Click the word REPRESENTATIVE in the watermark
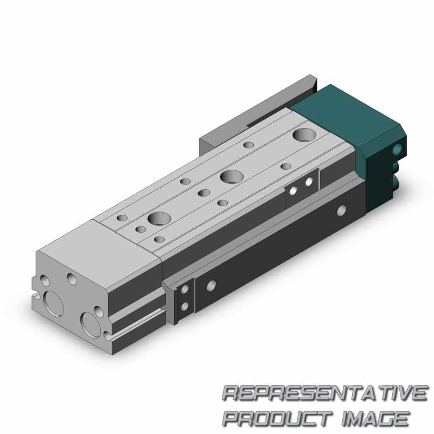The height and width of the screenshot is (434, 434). pyautogui.click(x=324, y=393)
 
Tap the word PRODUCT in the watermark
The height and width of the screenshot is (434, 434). pyautogui.click(x=276, y=418)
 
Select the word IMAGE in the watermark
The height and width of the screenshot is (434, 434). pyautogui.click(x=374, y=418)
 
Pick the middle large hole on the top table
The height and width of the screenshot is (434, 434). pyautogui.click(x=232, y=176)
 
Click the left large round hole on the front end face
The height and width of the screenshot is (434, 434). pyautogui.click(x=54, y=303)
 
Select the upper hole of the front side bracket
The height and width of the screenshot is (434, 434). pyautogui.click(x=185, y=290)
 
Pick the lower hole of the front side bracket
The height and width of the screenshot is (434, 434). pyautogui.click(x=185, y=307)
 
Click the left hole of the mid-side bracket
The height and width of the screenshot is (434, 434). pyautogui.click(x=293, y=190)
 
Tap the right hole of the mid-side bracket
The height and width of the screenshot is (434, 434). pyautogui.click(x=309, y=182)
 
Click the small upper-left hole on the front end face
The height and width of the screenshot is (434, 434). pyautogui.click(x=44, y=281)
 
